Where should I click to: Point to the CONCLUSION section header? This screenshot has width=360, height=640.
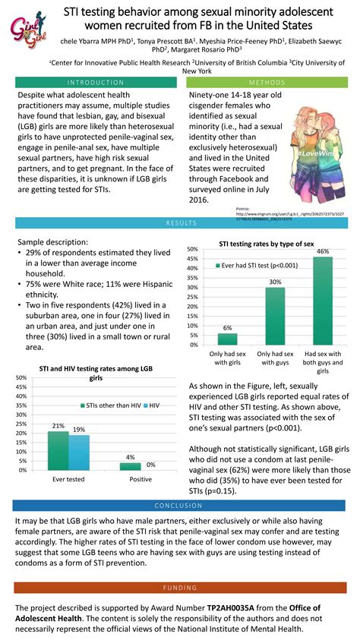(180, 506)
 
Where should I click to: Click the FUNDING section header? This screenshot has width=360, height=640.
(180, 588)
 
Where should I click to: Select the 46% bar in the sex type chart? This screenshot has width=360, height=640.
(322, 301)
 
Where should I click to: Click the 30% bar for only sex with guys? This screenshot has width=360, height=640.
(275, 316)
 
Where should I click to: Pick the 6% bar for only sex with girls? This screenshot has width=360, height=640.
(227, 339)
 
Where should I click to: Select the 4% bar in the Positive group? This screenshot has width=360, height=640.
(130, 466)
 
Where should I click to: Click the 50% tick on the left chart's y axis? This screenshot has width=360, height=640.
(21, 386)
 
